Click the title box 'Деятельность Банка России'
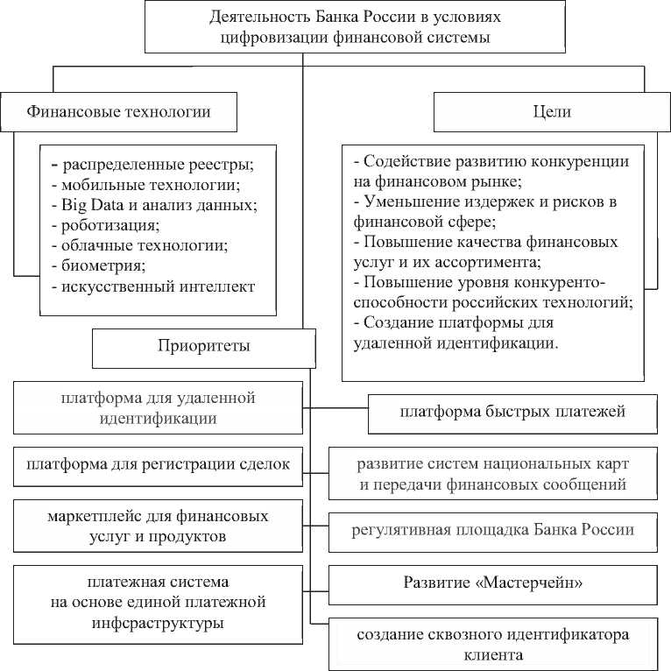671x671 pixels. coord(354,27)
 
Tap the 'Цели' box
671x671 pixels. coord(551,112)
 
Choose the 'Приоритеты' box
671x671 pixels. coord(204,346)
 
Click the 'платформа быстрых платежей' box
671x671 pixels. coord(512,412)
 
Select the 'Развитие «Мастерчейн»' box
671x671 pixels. coord(492,582)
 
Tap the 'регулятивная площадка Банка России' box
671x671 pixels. coord(492,530)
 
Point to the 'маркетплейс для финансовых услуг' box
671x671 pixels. coord(158,525)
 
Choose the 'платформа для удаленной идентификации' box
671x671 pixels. coord(158,408)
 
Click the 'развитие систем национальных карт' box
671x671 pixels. coord(492,472)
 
